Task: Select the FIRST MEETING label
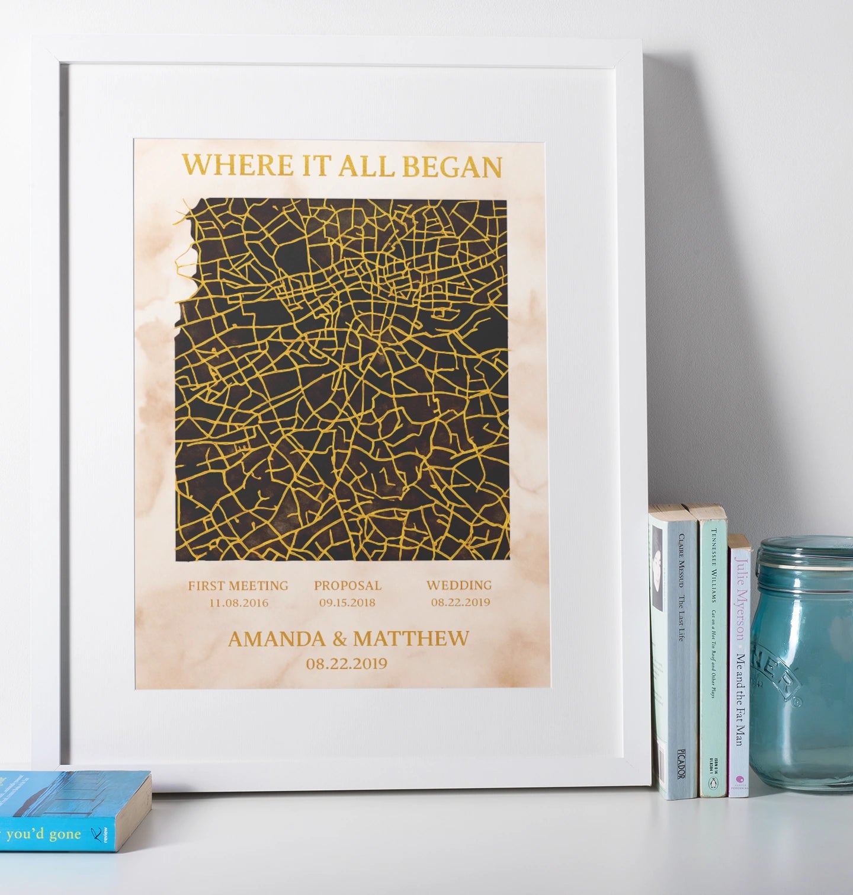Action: pos(238,586)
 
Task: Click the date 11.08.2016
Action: pos(239,603)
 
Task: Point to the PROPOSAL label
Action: pos(348,586)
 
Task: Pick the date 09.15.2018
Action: pos(348,603)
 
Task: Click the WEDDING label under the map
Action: pos(459,585)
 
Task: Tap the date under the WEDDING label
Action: pos(460,602)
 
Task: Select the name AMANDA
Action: pos(277,639)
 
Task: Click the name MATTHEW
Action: pos(411,639)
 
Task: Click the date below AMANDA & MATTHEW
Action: pos(347,663)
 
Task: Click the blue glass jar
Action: pos(803,664)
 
